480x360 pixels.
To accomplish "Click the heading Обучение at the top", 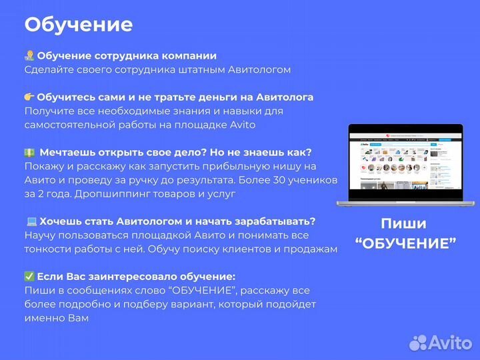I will pyautogui.click(x=78, y=25).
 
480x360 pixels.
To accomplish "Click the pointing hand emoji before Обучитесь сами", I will pyautogui.click(x=29, y=97).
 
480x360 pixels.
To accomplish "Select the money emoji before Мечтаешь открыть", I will pyautogui.click(x=29, y=153).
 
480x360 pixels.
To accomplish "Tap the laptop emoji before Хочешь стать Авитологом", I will pyautogui.click(x=30, y=221).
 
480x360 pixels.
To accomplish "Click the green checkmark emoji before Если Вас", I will pyautogui.click(x=29, y=277).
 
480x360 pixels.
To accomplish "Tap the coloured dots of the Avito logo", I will pyautogui.click(x=418, y=343).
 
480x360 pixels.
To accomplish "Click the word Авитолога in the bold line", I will pyautogui.click(x=279, y=97).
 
